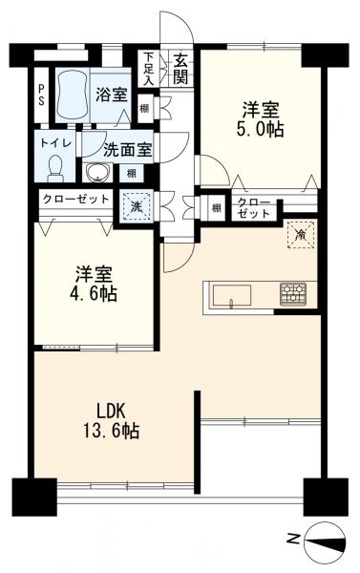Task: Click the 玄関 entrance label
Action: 180,69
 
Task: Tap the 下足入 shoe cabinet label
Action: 148,69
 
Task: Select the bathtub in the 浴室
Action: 73,95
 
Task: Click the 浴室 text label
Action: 112,95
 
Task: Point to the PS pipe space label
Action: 41,95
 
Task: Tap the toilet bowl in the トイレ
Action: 55,168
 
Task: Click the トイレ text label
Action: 56,142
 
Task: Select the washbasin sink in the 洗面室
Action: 97,172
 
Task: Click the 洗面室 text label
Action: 127,150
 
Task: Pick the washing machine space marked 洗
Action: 137,206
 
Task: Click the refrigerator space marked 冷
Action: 301,234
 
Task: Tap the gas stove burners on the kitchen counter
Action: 293,294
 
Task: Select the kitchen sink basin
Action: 232,295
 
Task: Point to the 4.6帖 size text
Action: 94,293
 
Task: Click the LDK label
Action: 111,412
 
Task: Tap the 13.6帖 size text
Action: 111,431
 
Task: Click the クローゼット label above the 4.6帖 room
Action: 75,200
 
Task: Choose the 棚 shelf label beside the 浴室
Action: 145,109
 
